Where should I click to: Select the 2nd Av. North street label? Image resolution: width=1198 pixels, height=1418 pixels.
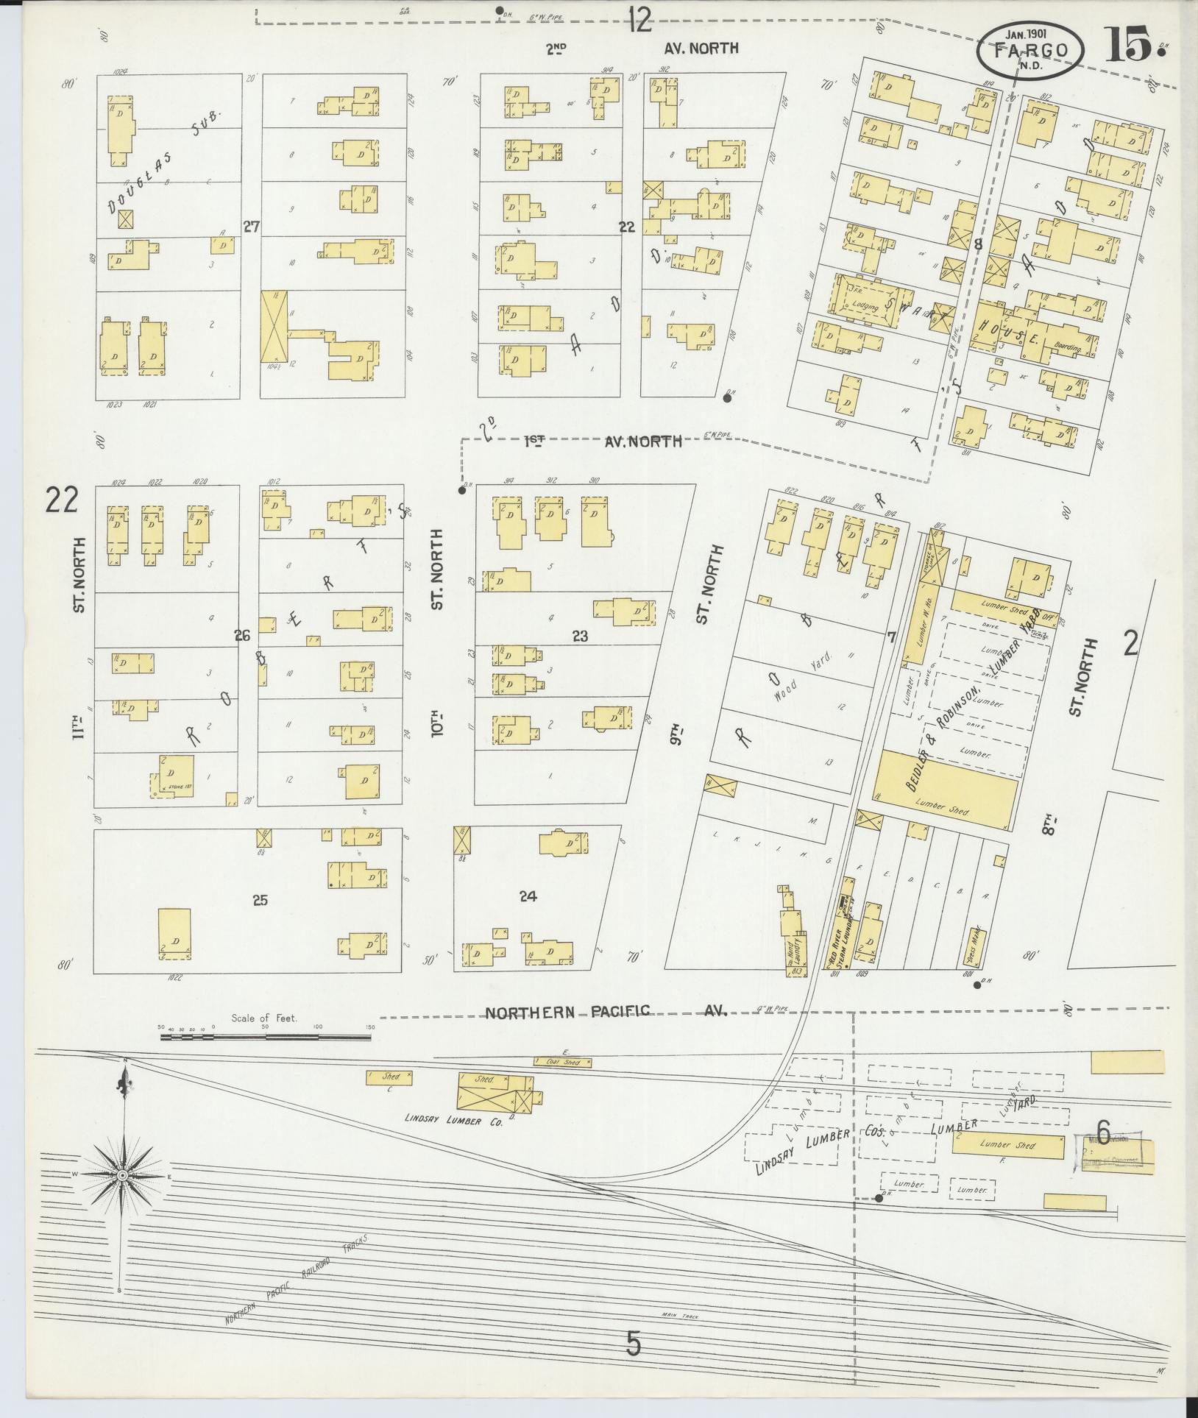tap(641, 49)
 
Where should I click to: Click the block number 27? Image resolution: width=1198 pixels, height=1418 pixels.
tap(252, 227)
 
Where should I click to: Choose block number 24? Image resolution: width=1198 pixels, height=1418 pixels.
tap(528, 896)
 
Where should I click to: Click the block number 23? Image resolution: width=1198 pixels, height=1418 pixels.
tap(580, 636)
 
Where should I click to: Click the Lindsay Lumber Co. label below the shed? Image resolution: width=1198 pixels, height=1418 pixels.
tap(453, 1141)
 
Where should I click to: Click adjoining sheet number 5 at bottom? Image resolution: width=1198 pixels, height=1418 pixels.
tap(633, 1345)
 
